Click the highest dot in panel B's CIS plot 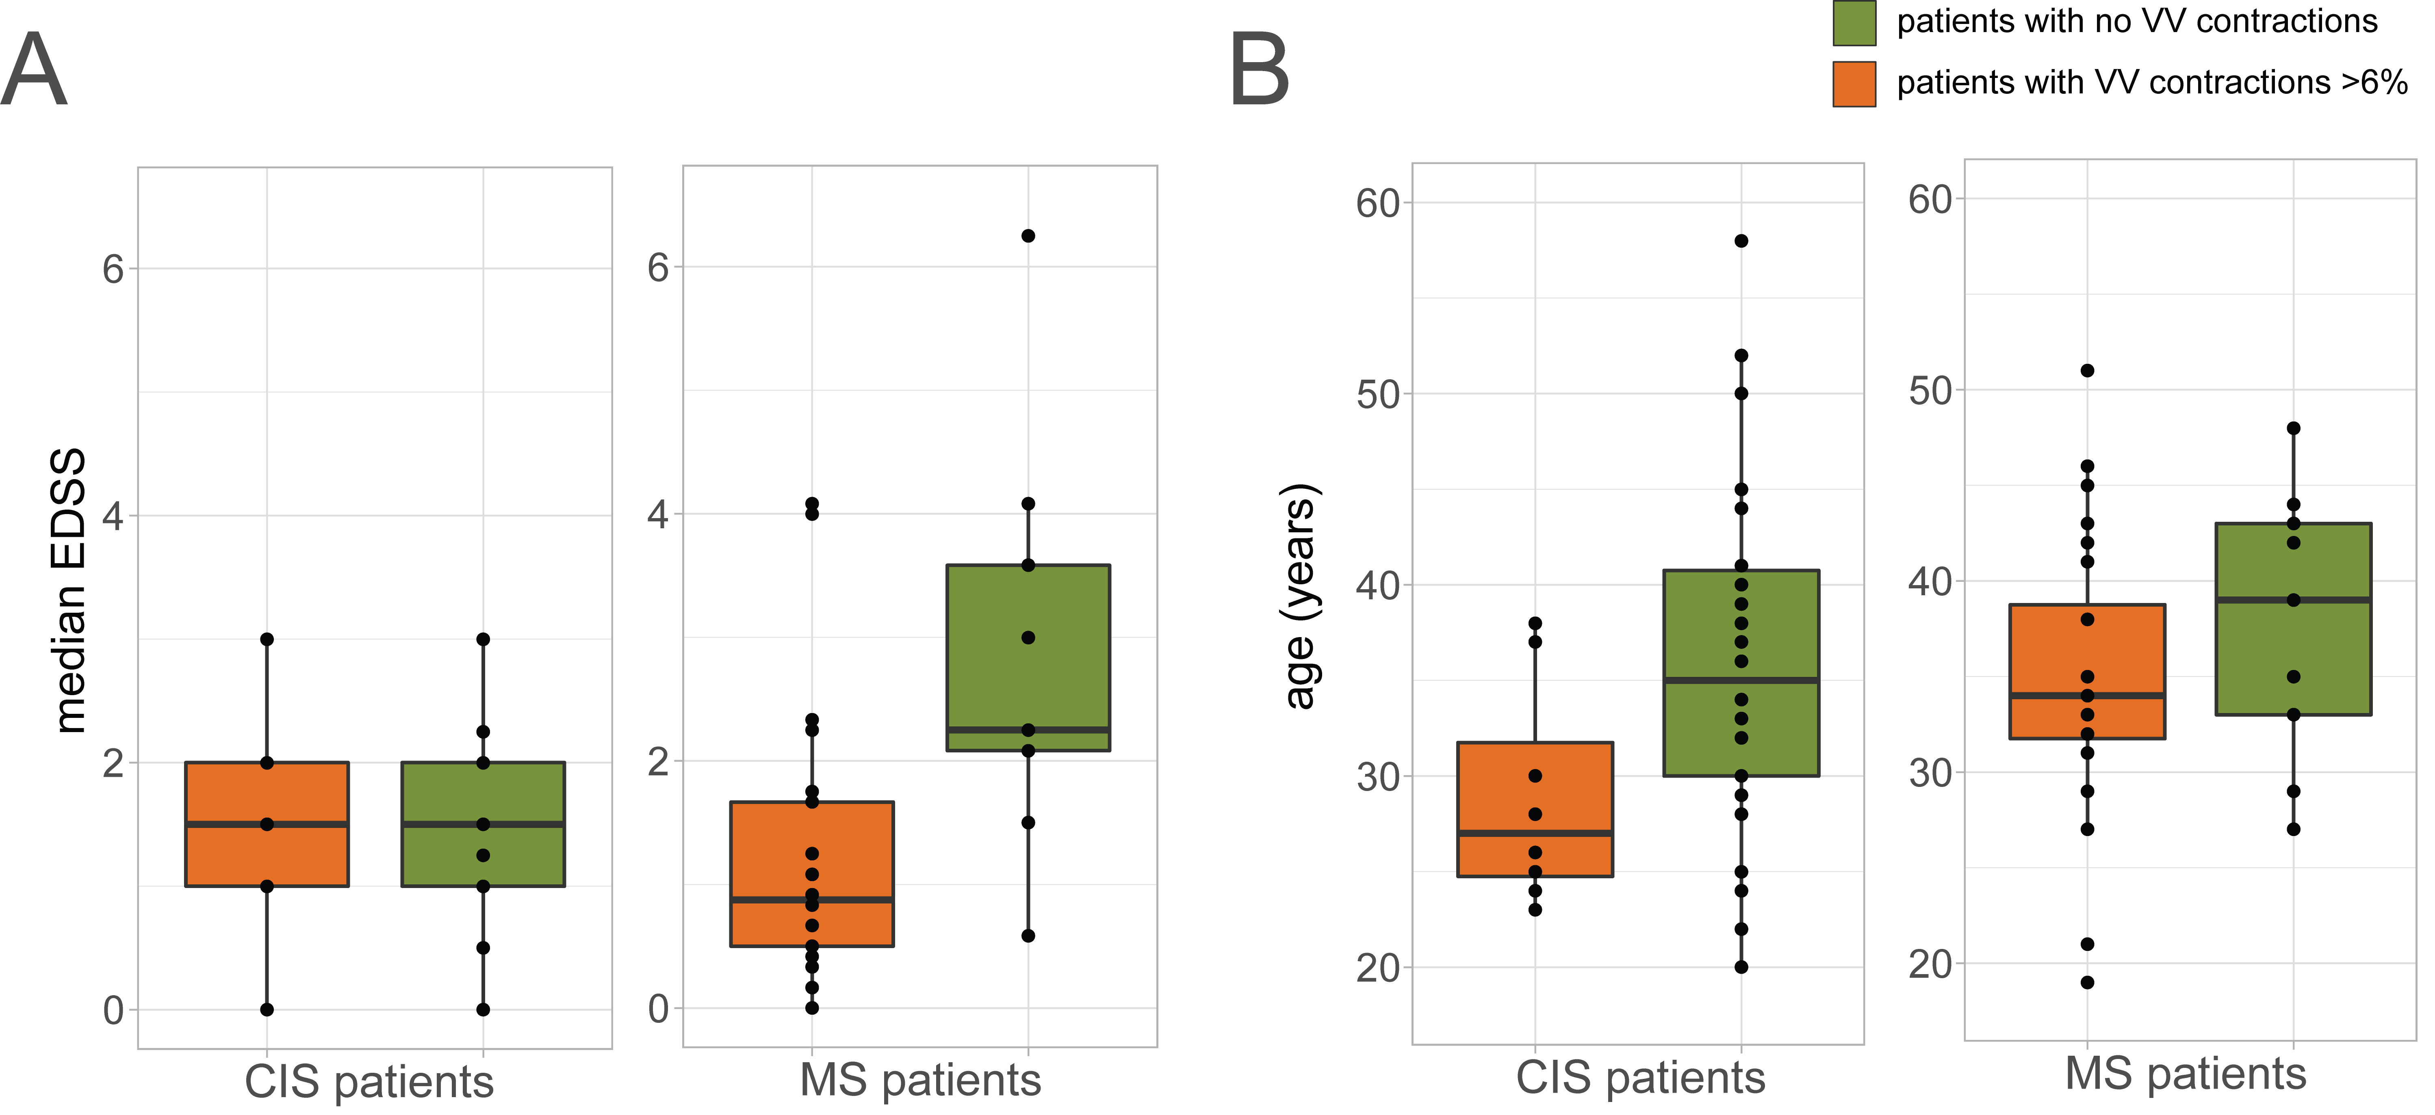[x=1741, y=241]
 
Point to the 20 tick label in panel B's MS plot [x=1930, y=965]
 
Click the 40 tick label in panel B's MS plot [x=1930, y=581]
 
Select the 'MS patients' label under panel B [x=2186, y=1074]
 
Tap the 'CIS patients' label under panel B [x=1640, y=1077]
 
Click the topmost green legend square [x=1855, y=23]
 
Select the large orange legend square [x=1855, y=84]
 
